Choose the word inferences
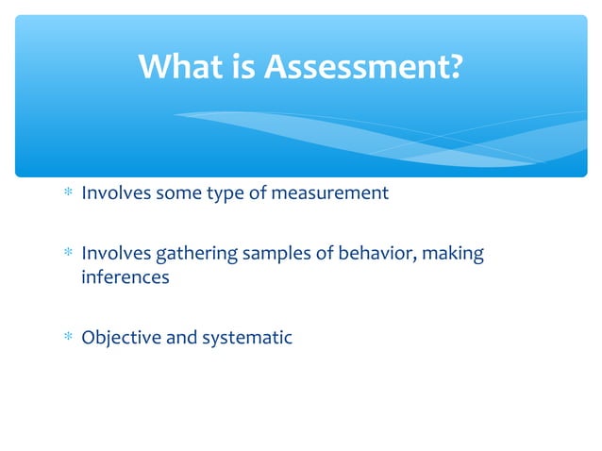point(125,277)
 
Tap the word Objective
point(120,338)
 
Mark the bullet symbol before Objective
point(68,337)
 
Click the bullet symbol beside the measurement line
point(68,193)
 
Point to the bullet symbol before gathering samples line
point(68,254)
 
